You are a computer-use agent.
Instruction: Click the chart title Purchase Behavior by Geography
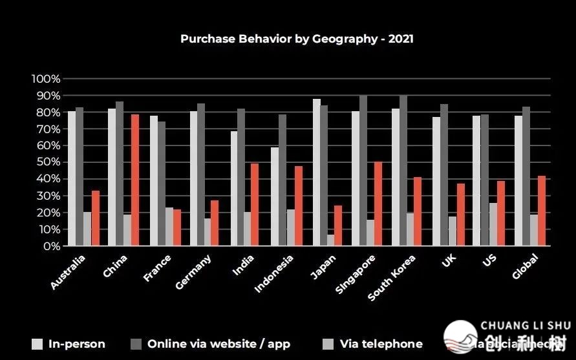coord(297,39)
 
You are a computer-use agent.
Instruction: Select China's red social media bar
coord(134,180)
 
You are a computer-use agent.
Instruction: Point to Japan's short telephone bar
coord(331,240)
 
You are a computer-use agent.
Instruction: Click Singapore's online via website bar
coord(363,171)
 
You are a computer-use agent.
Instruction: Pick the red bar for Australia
coord(95,218)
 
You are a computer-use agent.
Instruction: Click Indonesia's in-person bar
coord(275,196)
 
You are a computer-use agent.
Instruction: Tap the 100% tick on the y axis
coord(46,79)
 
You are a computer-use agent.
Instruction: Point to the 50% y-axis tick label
coord(48,162)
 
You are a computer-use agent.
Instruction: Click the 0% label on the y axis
coord(50,246)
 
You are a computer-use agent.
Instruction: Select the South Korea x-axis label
coord(392,277)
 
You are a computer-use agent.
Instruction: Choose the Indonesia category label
coord(274,273)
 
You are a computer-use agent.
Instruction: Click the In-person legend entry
coord(76,344)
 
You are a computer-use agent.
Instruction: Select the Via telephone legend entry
coord(381,344)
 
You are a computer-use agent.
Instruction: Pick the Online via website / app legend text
coord(219,344)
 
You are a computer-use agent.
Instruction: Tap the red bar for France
coord(177,228)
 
